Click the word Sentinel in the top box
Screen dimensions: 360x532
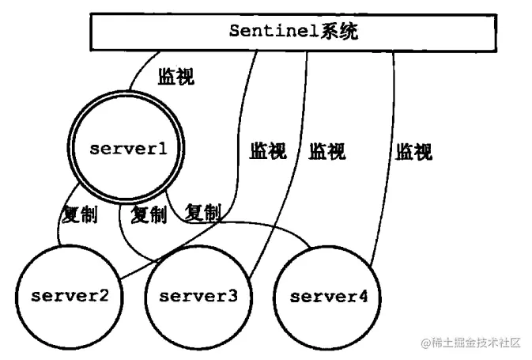(x=269, y=32)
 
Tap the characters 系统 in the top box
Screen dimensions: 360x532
(x=330, y=32)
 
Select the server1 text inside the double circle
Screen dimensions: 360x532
(x=128, y=148)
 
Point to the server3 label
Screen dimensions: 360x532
(x=198, y=297)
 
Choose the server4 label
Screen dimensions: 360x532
(x=329, y=297)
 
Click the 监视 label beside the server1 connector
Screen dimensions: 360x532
(x=176, y=77)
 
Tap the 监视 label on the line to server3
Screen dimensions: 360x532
(x=326, y=151)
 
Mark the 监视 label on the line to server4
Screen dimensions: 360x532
(x=414, y=151)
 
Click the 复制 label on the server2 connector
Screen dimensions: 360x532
(x=79, y=214)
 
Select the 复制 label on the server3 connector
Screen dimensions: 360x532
(x=149, y=214)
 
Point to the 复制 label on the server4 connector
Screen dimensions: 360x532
(x=202, y=212)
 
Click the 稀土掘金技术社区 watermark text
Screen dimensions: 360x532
(x=477, y=342)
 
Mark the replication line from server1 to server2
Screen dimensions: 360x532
(x=60, y=229)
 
